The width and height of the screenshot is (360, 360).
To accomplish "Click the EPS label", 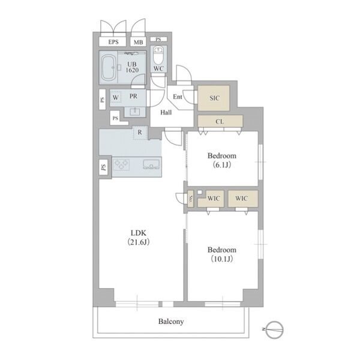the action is point(113,42).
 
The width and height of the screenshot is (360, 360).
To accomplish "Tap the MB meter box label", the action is point(138,42).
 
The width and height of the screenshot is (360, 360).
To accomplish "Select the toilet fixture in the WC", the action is point(158,55).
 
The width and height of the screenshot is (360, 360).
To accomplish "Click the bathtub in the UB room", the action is point(108,67).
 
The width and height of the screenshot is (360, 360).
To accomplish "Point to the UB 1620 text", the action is point(132,67).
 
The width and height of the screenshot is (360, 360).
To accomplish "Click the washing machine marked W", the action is point(116,98).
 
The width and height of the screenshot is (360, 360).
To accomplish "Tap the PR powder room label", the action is point(133,96).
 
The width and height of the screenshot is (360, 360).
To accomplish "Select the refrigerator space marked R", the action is point(140,132).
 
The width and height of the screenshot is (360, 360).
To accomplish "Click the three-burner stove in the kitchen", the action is point(121,164).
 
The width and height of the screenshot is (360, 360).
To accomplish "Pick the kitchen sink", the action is point(151,164).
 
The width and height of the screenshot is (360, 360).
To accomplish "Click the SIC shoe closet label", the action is point(214,98).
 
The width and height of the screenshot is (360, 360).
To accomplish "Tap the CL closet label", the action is point(220,121).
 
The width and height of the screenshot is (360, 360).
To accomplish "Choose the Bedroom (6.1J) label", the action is point(222,160).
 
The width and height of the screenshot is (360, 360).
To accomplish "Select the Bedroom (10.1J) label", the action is point(222,254).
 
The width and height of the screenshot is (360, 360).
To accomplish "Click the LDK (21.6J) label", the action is point(139,238).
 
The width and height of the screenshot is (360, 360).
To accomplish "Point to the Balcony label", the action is point(171,322).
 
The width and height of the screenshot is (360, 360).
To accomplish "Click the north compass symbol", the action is point(275,329).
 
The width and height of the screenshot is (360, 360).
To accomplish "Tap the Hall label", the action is point(166,113).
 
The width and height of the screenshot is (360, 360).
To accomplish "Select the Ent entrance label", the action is point(178,97).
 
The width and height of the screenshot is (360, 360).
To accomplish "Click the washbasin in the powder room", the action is point(135,112).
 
